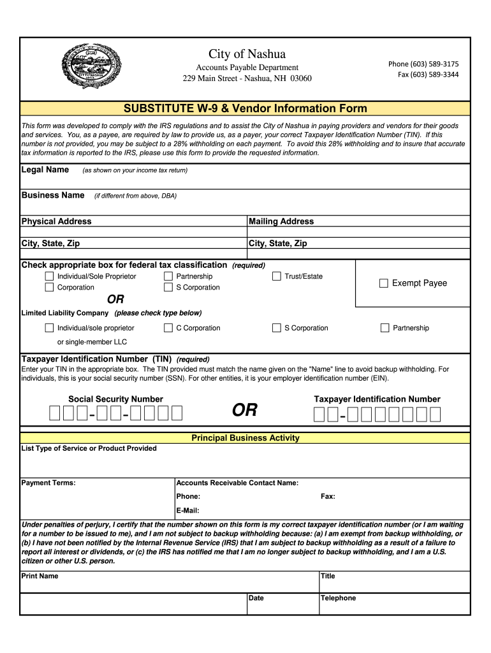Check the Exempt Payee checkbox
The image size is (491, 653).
[384, 283]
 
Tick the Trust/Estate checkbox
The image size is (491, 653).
[277, 276]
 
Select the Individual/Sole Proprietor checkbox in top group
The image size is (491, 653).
[49, 276]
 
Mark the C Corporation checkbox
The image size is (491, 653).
[168, 328]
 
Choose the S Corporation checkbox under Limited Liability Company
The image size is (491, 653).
[277, 328]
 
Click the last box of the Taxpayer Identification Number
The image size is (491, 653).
[435, 415]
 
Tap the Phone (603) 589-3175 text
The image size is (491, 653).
[423, 64]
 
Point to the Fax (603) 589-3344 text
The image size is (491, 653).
[428, 75]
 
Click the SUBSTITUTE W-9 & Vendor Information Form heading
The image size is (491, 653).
[245, 108]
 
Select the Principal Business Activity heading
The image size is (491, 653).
[246, 438]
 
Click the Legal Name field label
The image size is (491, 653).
[45, 170]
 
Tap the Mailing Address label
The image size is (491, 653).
[281, 221]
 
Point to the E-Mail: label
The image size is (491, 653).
[187, 510]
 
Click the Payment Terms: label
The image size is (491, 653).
[48, 483]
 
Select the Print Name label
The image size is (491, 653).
[40, 576]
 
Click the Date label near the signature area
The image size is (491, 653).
[256, 598]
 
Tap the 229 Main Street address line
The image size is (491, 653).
[247, 78]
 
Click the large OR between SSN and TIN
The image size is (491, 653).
[245, 410]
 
